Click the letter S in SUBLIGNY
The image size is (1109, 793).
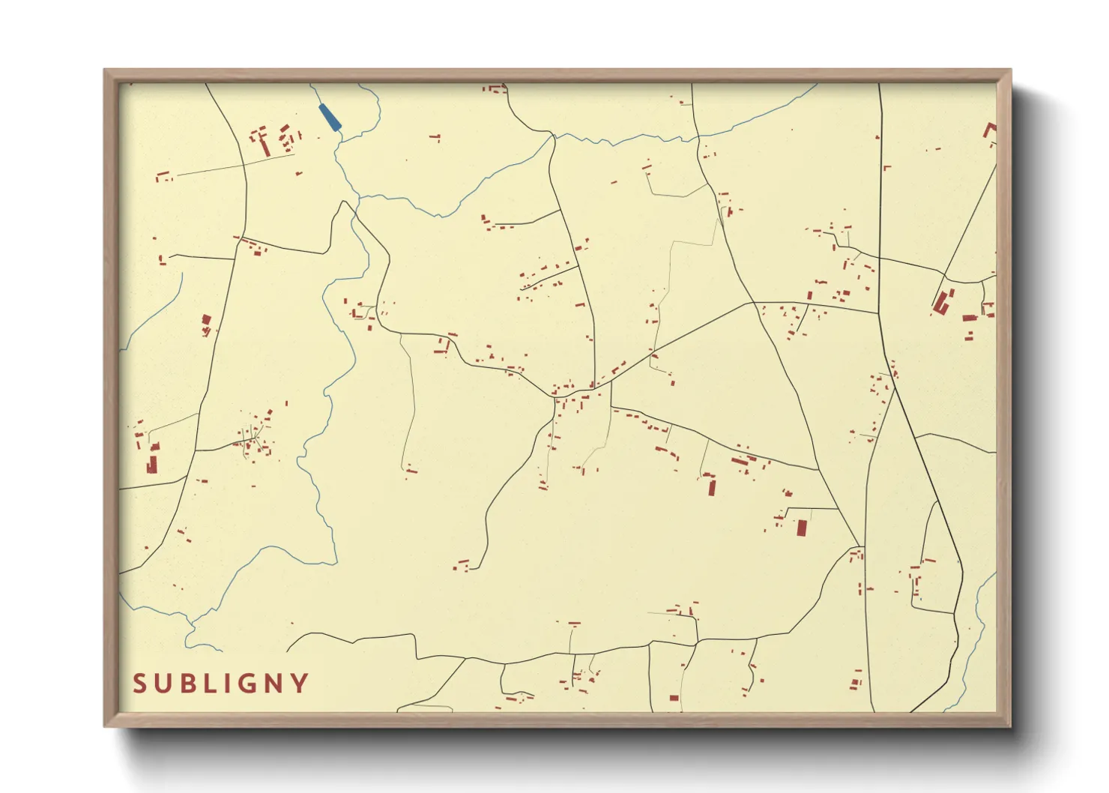(139, 684)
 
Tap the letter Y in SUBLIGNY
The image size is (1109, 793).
(300, 684)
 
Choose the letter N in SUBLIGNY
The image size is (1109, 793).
(274, 684)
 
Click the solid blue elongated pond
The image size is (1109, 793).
(329, 117)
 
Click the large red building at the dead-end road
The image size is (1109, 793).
(801, 528)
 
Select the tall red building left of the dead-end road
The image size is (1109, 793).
(711, 487)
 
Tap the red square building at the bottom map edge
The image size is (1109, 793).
(674, 698)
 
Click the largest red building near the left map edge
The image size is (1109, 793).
(153, 464)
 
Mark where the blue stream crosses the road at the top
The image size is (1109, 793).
(553, 136)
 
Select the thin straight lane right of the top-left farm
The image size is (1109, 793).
(234, 165)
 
